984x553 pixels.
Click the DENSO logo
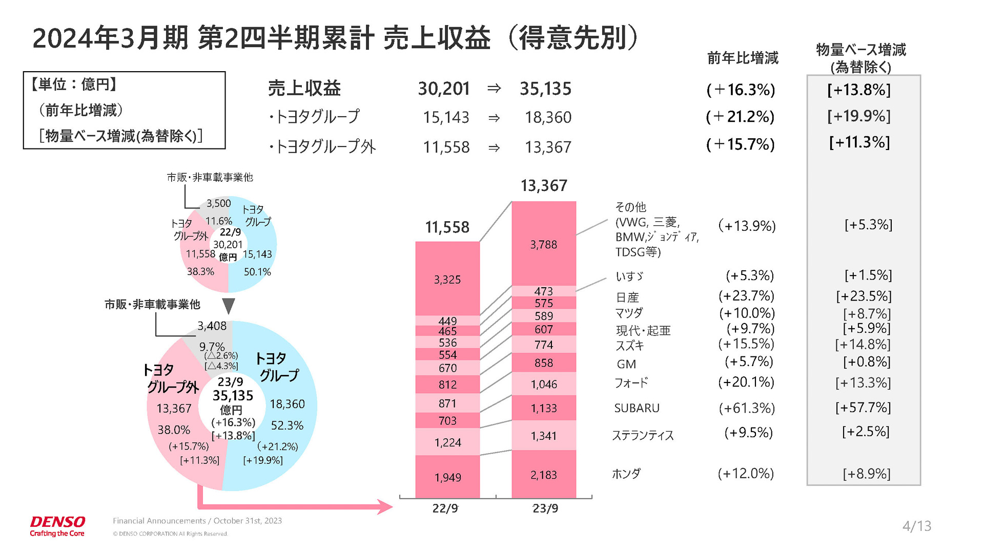tap(57, 522)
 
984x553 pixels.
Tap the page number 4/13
tap(916, 526)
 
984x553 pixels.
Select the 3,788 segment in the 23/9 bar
tap(543, 244)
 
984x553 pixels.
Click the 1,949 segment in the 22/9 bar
tap(447, 477)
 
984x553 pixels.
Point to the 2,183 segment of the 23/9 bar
tap(543, 475)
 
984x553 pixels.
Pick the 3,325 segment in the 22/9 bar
tap(447, 280)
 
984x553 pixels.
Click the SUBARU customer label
tap(637, 408)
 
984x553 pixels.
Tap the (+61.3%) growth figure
tap(746, 408)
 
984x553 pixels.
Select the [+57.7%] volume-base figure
tap(863, 408)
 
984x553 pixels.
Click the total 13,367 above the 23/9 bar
tap(543, 185)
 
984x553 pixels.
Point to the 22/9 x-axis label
tap(445, 508)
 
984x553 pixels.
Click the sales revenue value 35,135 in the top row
tap(545, 89)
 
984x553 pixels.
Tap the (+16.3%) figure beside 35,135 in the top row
tap(741, 90)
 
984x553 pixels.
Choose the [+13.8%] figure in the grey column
tap(859, 90)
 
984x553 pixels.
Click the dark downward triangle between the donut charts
tap(229, 305)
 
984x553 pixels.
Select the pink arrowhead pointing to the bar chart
tap(384, 507)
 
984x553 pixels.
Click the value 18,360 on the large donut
tap(287, 404)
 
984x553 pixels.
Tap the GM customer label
tap(626, 364)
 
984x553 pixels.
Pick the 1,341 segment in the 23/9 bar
tap(543, 436)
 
